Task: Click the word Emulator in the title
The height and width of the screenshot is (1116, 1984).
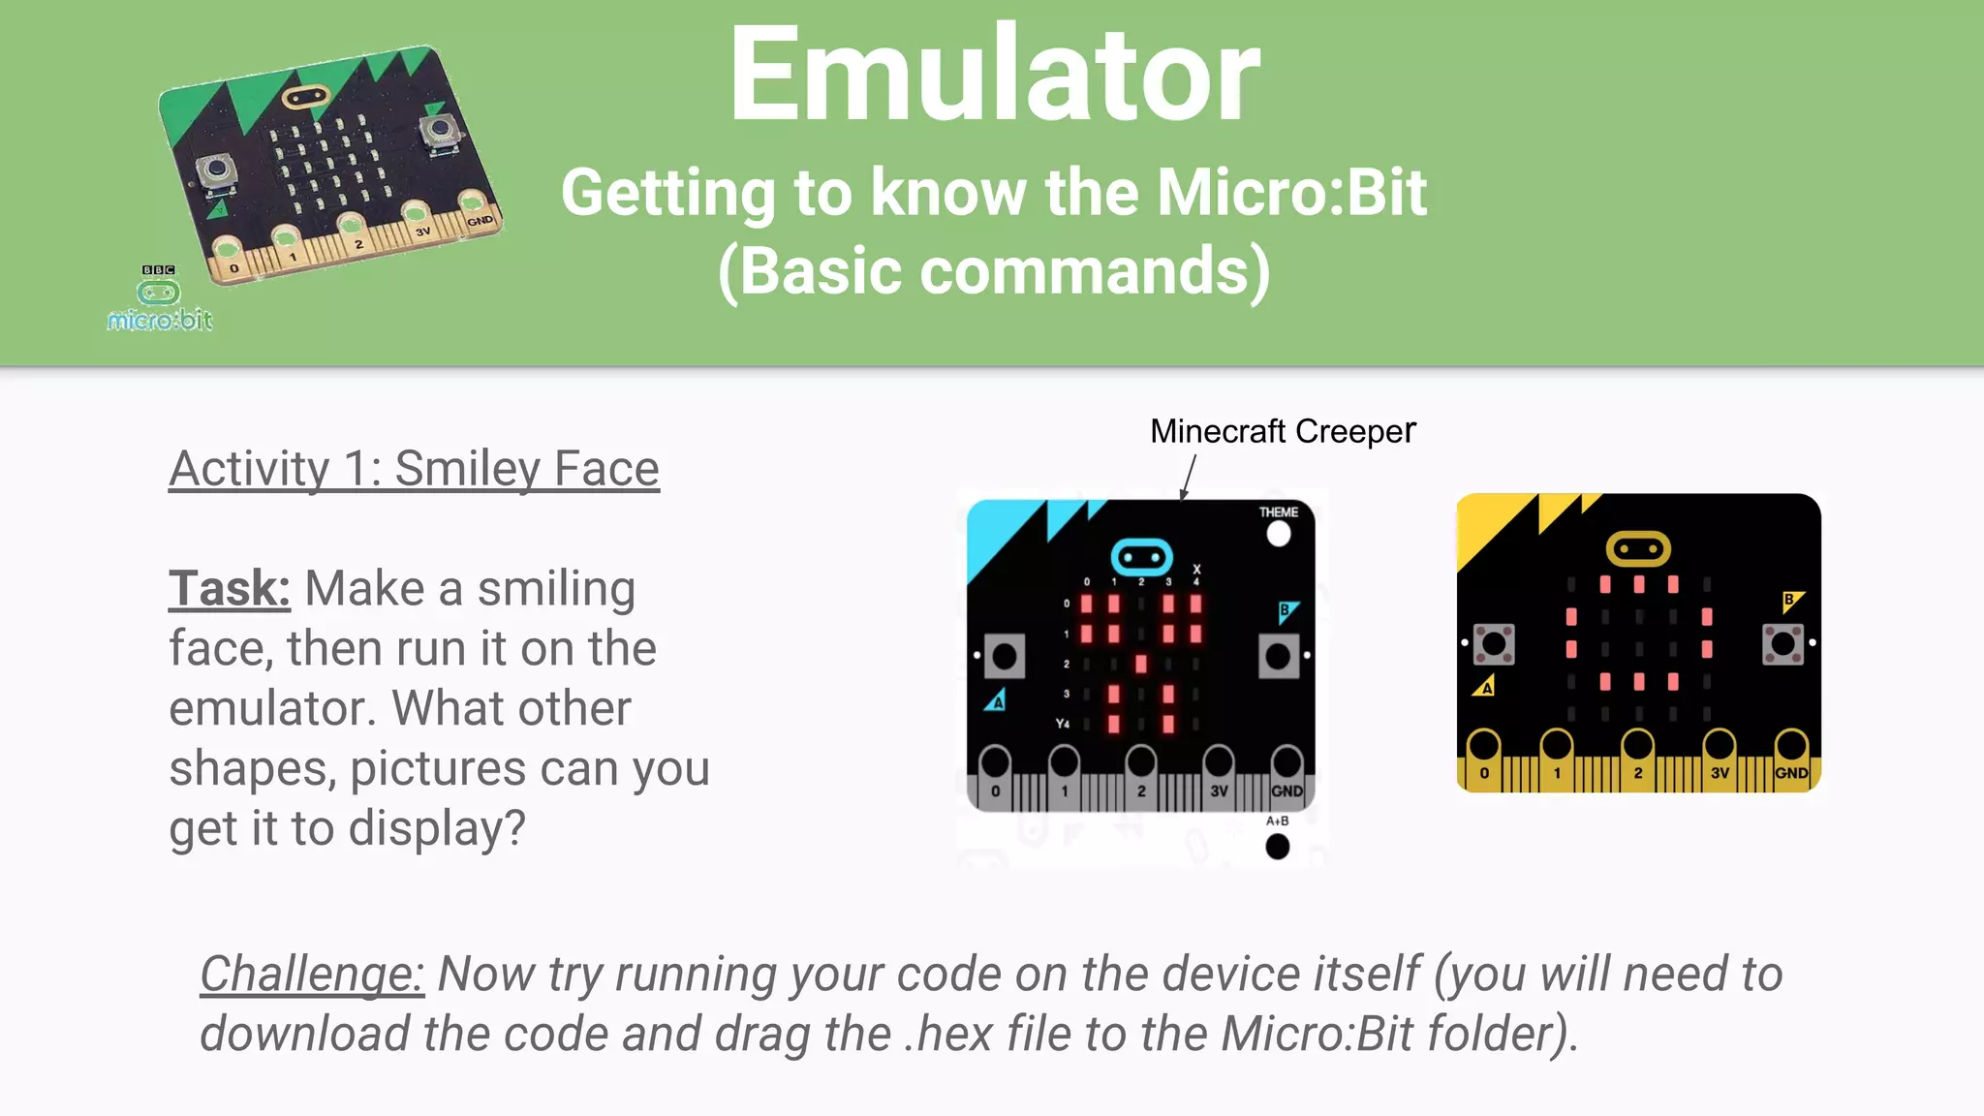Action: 994,76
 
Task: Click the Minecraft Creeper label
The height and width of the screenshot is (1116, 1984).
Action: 1282,431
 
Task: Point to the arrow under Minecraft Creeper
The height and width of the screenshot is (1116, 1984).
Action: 1189,477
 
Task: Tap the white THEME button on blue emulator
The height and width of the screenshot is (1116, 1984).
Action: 1279,533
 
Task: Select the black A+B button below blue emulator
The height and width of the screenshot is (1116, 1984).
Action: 1278,847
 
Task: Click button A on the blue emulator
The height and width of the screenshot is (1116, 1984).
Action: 1005,657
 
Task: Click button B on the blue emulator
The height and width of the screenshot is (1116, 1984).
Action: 1279,657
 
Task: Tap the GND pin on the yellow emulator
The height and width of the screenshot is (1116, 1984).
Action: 1791,749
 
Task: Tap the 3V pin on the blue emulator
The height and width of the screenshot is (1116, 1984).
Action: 1218,764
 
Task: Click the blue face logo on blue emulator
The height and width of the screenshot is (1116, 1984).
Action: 1141,557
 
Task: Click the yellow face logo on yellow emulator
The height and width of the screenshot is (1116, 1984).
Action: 1638,549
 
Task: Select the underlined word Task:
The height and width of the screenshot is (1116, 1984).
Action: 230,589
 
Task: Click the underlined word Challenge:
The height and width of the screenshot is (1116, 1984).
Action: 312,974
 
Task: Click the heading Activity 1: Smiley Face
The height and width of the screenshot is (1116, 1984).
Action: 414,469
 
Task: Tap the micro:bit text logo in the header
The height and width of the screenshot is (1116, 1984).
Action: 160,320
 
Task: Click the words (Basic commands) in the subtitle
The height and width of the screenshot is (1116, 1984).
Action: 994,270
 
